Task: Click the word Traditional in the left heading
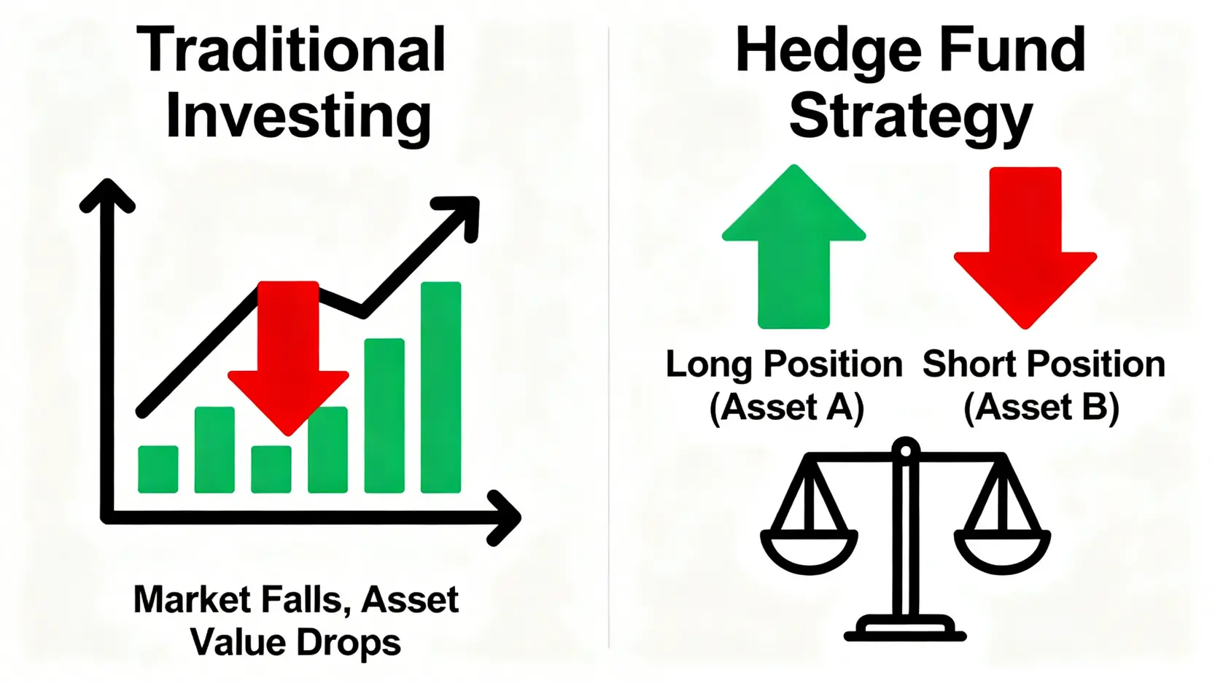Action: tap(290, 50)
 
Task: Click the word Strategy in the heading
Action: tap(911, 118)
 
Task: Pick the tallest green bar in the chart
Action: tap(441, 388)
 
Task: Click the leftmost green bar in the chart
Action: tap(158, 469)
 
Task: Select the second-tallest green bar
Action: tap(384, 415)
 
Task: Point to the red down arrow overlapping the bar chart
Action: tap(288, 359)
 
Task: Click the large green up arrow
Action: tap(793, 246)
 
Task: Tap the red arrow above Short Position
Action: tap(1025, 248)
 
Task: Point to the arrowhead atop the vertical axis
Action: tap(107, 194)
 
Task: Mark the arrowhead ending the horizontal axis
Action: tap(505, 518)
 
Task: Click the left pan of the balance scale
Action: tap(809, 554)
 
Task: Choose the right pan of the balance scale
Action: tap(1002, 554)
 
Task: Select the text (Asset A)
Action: tap(786, 407)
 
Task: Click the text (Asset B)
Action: tap(1041, 407)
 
